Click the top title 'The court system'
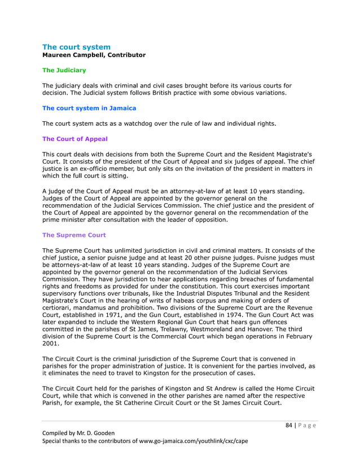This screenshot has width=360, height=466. [x=76, y=47]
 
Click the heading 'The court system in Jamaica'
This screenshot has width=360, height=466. [x=89, y=108]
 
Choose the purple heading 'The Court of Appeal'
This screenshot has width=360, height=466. [x=74, y=139]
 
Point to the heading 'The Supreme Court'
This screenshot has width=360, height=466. [x=74, y=235]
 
